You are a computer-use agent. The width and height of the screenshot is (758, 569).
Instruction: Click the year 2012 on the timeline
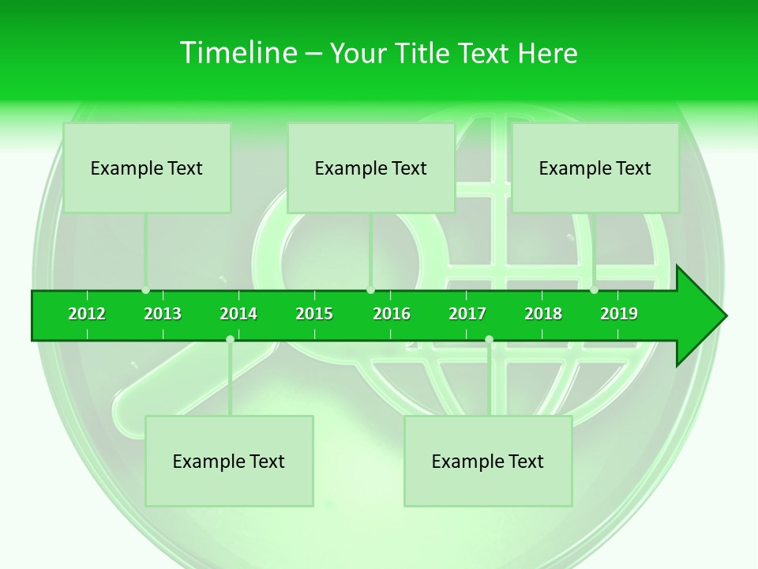tap(87, 314)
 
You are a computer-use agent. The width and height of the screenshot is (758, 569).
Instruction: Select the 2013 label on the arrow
tap(163, 314)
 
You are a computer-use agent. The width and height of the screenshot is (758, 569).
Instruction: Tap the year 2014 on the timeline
tap(238, 314)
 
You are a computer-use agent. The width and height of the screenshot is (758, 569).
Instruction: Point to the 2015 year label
tap(314, 314)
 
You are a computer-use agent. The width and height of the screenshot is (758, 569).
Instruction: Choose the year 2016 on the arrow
tap(392, 314)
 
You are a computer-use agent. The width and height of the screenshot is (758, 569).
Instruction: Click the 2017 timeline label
tap(467, 314)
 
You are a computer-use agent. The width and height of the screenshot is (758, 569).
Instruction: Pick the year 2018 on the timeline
tap(543, 314)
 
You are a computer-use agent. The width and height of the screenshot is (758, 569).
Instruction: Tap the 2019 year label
tap(619, 314)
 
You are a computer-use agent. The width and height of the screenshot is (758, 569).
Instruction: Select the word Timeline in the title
tap(238, 53)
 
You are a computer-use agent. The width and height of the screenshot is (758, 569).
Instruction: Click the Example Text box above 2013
tap(147, 168)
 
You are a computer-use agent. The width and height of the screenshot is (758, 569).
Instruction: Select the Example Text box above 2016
tap(371, 168)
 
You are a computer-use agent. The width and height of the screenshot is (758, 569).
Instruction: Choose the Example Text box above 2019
tap(595, 168)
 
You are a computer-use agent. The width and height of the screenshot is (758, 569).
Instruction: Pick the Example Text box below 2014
tap(229, 461)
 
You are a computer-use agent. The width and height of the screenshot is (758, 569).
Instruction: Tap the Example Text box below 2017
tap(488, 461)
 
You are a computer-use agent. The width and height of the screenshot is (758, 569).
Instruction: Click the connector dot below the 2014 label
tap(230, 340)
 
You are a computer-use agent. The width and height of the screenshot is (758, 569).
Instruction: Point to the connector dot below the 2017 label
tap(489, 340)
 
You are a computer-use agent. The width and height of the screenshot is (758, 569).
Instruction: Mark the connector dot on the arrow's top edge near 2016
tap(370, 290)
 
